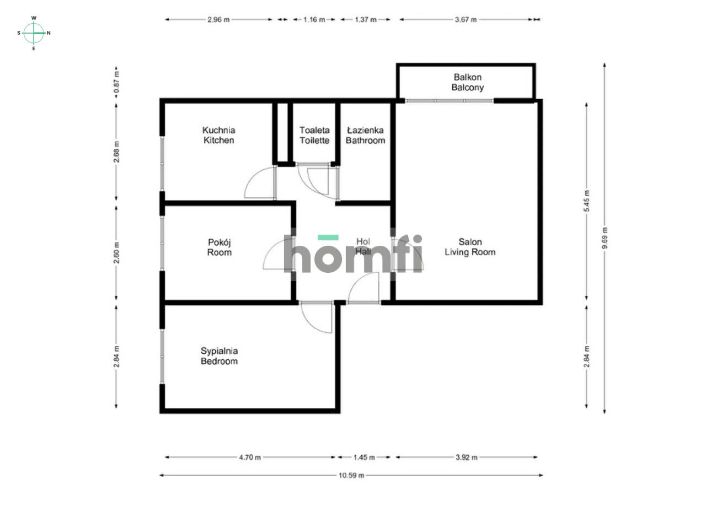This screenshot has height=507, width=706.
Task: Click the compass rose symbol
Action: [x=34, y=33]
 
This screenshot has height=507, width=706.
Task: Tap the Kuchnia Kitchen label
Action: [x=219, y=136]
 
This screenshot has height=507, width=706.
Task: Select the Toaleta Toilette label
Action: [x=314, y=136]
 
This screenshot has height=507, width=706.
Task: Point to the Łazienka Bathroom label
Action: [x=365, y=136]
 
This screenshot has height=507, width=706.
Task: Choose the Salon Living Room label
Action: [x=470, y=247]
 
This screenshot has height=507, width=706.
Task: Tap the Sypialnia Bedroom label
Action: [x=219, y=356]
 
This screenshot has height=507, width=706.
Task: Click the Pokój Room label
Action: [x=219, y=247]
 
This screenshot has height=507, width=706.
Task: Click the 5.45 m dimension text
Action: [x=587, y=202]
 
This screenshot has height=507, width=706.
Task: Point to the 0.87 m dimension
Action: [x=116, y=82]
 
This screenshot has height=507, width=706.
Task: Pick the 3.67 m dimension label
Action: [x=466, y=19]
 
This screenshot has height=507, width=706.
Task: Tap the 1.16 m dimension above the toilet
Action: [x=314, y=19]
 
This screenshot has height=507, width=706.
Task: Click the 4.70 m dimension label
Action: [x=250, y=457]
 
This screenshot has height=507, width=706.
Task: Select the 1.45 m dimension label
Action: [x=364, y=457]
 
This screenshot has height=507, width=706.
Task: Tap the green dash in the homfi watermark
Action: [x=328, y=238]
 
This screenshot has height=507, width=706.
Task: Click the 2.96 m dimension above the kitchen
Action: [x=218, y=19]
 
